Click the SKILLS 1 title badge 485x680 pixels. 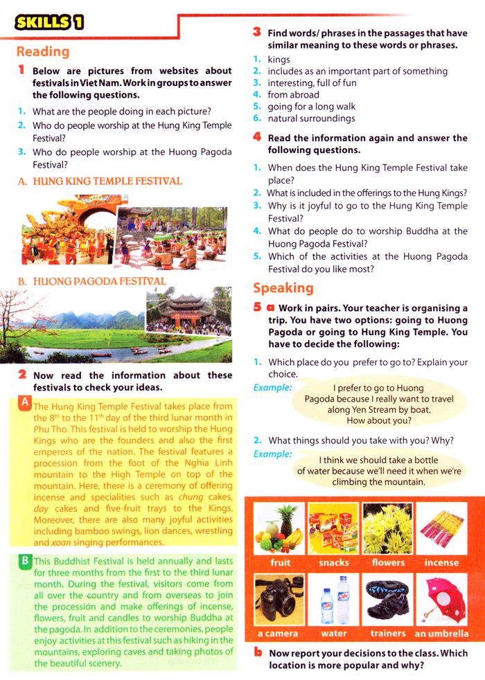pos(48,22)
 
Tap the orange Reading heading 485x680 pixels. pos(43,52)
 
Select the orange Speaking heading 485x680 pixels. pos(283,288)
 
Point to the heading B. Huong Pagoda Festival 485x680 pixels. pos(91,282)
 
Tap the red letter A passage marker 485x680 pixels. pos(25,402)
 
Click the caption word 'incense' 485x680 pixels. pos(441,563)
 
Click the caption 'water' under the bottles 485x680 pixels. pos(334,634)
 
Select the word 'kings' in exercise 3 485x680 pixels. pos(279,60)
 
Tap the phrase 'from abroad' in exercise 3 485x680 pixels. pos(293,95)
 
